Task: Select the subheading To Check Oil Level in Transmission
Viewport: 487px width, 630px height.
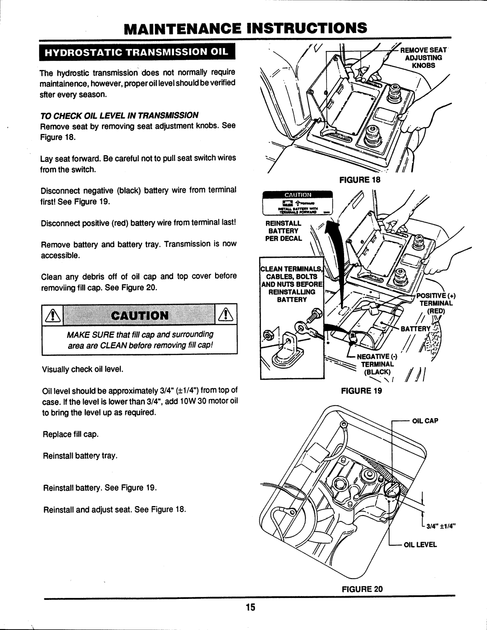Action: (119, 115)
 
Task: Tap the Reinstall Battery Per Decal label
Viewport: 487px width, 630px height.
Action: (283, 231)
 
